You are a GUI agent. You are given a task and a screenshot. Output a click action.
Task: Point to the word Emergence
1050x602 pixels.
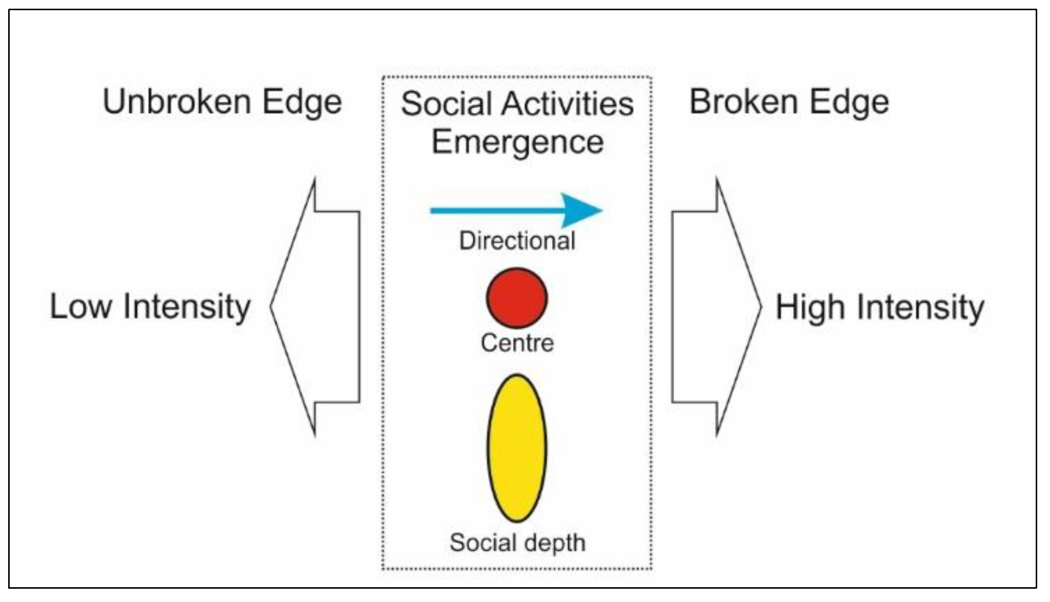pos(517,143)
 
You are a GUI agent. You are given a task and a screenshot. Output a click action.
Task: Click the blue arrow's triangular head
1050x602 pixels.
pos(582,210)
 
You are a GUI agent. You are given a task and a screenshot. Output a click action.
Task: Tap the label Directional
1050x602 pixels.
pos(517,240)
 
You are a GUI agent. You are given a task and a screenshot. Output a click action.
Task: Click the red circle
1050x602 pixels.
pos(516,298)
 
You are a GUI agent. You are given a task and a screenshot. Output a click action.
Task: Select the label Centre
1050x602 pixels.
pos(517,342)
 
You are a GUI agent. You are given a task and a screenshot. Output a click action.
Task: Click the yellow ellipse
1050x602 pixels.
pos(516,448)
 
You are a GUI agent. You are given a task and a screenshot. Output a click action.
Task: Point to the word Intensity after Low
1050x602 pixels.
pos(187,308)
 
